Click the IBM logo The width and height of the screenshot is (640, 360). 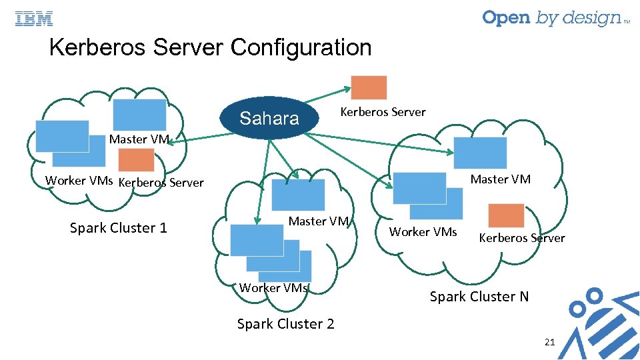click(x=34, y=19)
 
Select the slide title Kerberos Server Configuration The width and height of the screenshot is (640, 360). click(x=210, y=47)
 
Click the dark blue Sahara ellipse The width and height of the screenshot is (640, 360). click(x=269, y=119)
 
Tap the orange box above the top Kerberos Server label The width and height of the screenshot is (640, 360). click(x=369, y=87)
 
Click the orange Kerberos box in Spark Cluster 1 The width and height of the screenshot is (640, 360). click(x=137, y=160)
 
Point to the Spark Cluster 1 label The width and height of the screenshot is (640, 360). click(x=119, y=228)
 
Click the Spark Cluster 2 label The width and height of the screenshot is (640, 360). click(x=285, y=324)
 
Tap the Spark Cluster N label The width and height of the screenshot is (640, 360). click(x=479, y=296)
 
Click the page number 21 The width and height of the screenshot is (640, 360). click(x=549, y=342)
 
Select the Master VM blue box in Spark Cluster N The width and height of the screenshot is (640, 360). click(x=480, y=153)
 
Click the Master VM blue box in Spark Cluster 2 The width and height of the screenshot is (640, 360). click(x=298, y=195)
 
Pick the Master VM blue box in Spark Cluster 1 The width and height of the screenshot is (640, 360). click(x=139, y=114)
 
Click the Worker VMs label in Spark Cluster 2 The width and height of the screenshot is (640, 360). click(x=273, y=288)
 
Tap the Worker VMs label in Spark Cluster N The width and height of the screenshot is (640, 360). click(x=423, y=232)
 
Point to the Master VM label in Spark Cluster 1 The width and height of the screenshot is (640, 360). click(x=139, y=139)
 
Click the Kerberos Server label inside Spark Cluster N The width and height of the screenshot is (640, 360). click(x=521, y=238)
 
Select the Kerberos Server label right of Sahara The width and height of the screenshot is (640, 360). click(x=383, y=112)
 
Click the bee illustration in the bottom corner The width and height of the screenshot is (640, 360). click(x=600, y=320)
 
